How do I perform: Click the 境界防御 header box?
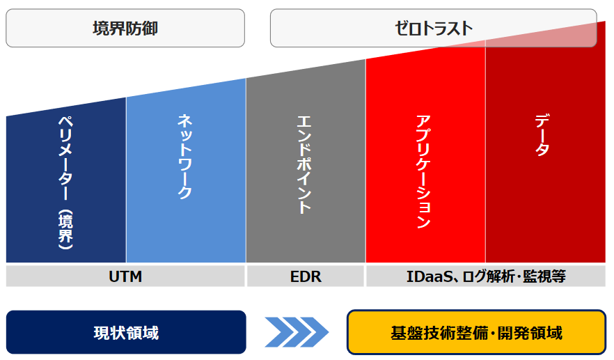125,29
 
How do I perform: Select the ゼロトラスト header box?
434,29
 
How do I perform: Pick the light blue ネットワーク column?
186,176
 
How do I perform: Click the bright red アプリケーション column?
425,157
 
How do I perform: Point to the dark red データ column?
546,149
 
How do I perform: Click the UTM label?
125,276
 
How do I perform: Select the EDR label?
306,276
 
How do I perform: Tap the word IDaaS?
430,276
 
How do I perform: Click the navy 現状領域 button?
126,332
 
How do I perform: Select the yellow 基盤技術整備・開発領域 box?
477,332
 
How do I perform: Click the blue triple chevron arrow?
297,332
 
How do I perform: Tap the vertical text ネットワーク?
185,156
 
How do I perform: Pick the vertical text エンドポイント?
304,164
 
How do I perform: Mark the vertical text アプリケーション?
423,171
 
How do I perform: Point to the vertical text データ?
542,135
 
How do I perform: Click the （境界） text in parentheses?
65,230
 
